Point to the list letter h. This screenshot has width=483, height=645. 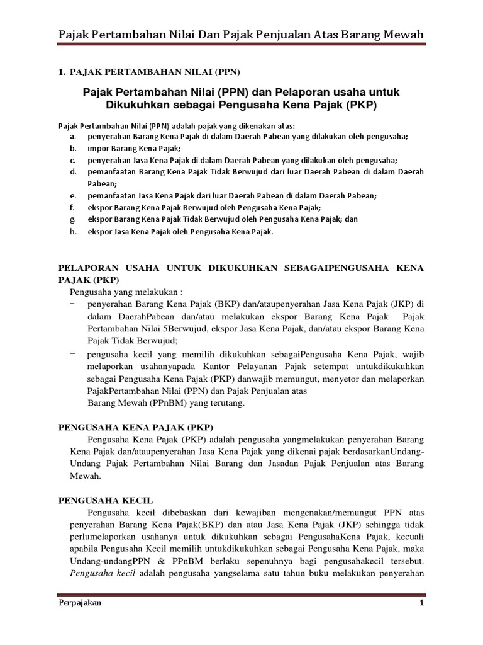(x=73, y=231)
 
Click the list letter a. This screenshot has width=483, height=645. (x=73, y=137)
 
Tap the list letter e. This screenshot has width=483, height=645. (x=73, y=196)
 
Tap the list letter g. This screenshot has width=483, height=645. (x=73, y=219)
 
